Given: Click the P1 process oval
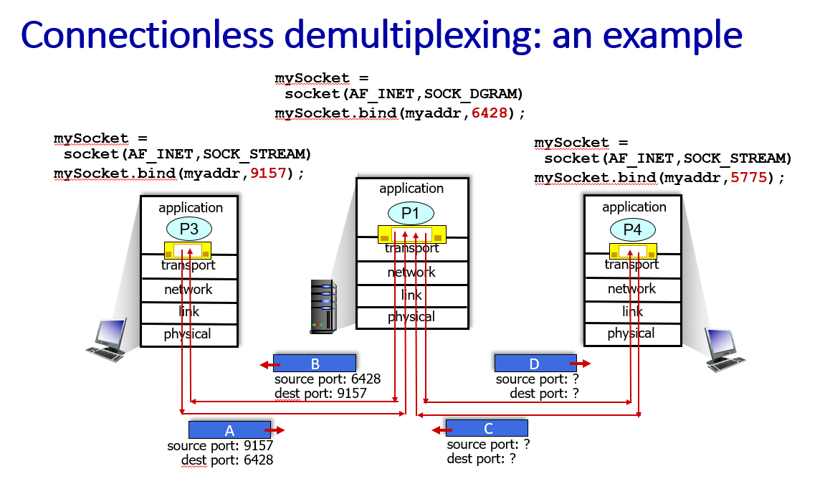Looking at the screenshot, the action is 411,214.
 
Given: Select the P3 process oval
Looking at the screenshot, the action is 189,229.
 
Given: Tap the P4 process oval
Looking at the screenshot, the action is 633,230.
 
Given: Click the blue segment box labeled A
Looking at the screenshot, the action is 230,430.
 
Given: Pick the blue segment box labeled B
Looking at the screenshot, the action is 315,364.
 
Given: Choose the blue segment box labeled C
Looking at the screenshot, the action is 487,428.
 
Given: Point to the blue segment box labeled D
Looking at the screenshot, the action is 535,364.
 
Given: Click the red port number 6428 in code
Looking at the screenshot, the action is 489,113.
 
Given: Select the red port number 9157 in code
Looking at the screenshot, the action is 268,173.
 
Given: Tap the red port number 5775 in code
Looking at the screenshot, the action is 748,177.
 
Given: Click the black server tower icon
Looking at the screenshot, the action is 323,307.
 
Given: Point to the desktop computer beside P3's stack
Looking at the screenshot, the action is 108,340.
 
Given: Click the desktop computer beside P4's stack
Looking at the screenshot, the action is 724,349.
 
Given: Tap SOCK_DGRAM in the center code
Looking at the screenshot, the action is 473,94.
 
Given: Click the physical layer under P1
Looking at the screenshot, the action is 412,318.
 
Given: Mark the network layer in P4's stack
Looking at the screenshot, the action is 633,289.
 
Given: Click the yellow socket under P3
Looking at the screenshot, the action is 188,250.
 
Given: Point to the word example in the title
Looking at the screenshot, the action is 672,36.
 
